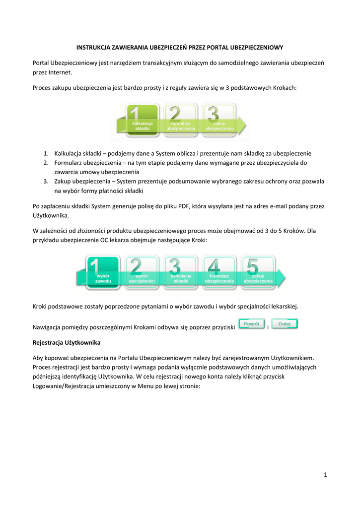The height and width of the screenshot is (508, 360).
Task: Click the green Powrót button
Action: (252, 324)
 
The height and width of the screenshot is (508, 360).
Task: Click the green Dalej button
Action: (285, 324)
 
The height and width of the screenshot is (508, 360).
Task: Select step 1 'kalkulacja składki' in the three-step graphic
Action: (143, 120)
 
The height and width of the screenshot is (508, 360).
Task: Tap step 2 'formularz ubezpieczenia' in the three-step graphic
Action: (180, 120)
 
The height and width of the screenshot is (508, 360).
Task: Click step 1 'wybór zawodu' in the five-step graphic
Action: (103, 272)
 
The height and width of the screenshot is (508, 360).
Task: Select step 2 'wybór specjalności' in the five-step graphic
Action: (142, 272)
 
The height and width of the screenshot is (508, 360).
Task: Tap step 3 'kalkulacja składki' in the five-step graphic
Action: (181, 272)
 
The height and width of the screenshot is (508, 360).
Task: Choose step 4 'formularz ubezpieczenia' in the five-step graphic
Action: (219, 272)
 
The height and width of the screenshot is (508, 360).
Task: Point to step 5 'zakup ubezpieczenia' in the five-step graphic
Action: (258, 272)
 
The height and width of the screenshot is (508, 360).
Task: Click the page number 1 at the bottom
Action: (326, 475)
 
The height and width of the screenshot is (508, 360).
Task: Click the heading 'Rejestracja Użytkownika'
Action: (67, 343)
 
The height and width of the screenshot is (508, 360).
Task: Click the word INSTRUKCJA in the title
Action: (93, 48)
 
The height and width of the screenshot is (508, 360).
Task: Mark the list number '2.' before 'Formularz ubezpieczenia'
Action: (45, 163)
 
